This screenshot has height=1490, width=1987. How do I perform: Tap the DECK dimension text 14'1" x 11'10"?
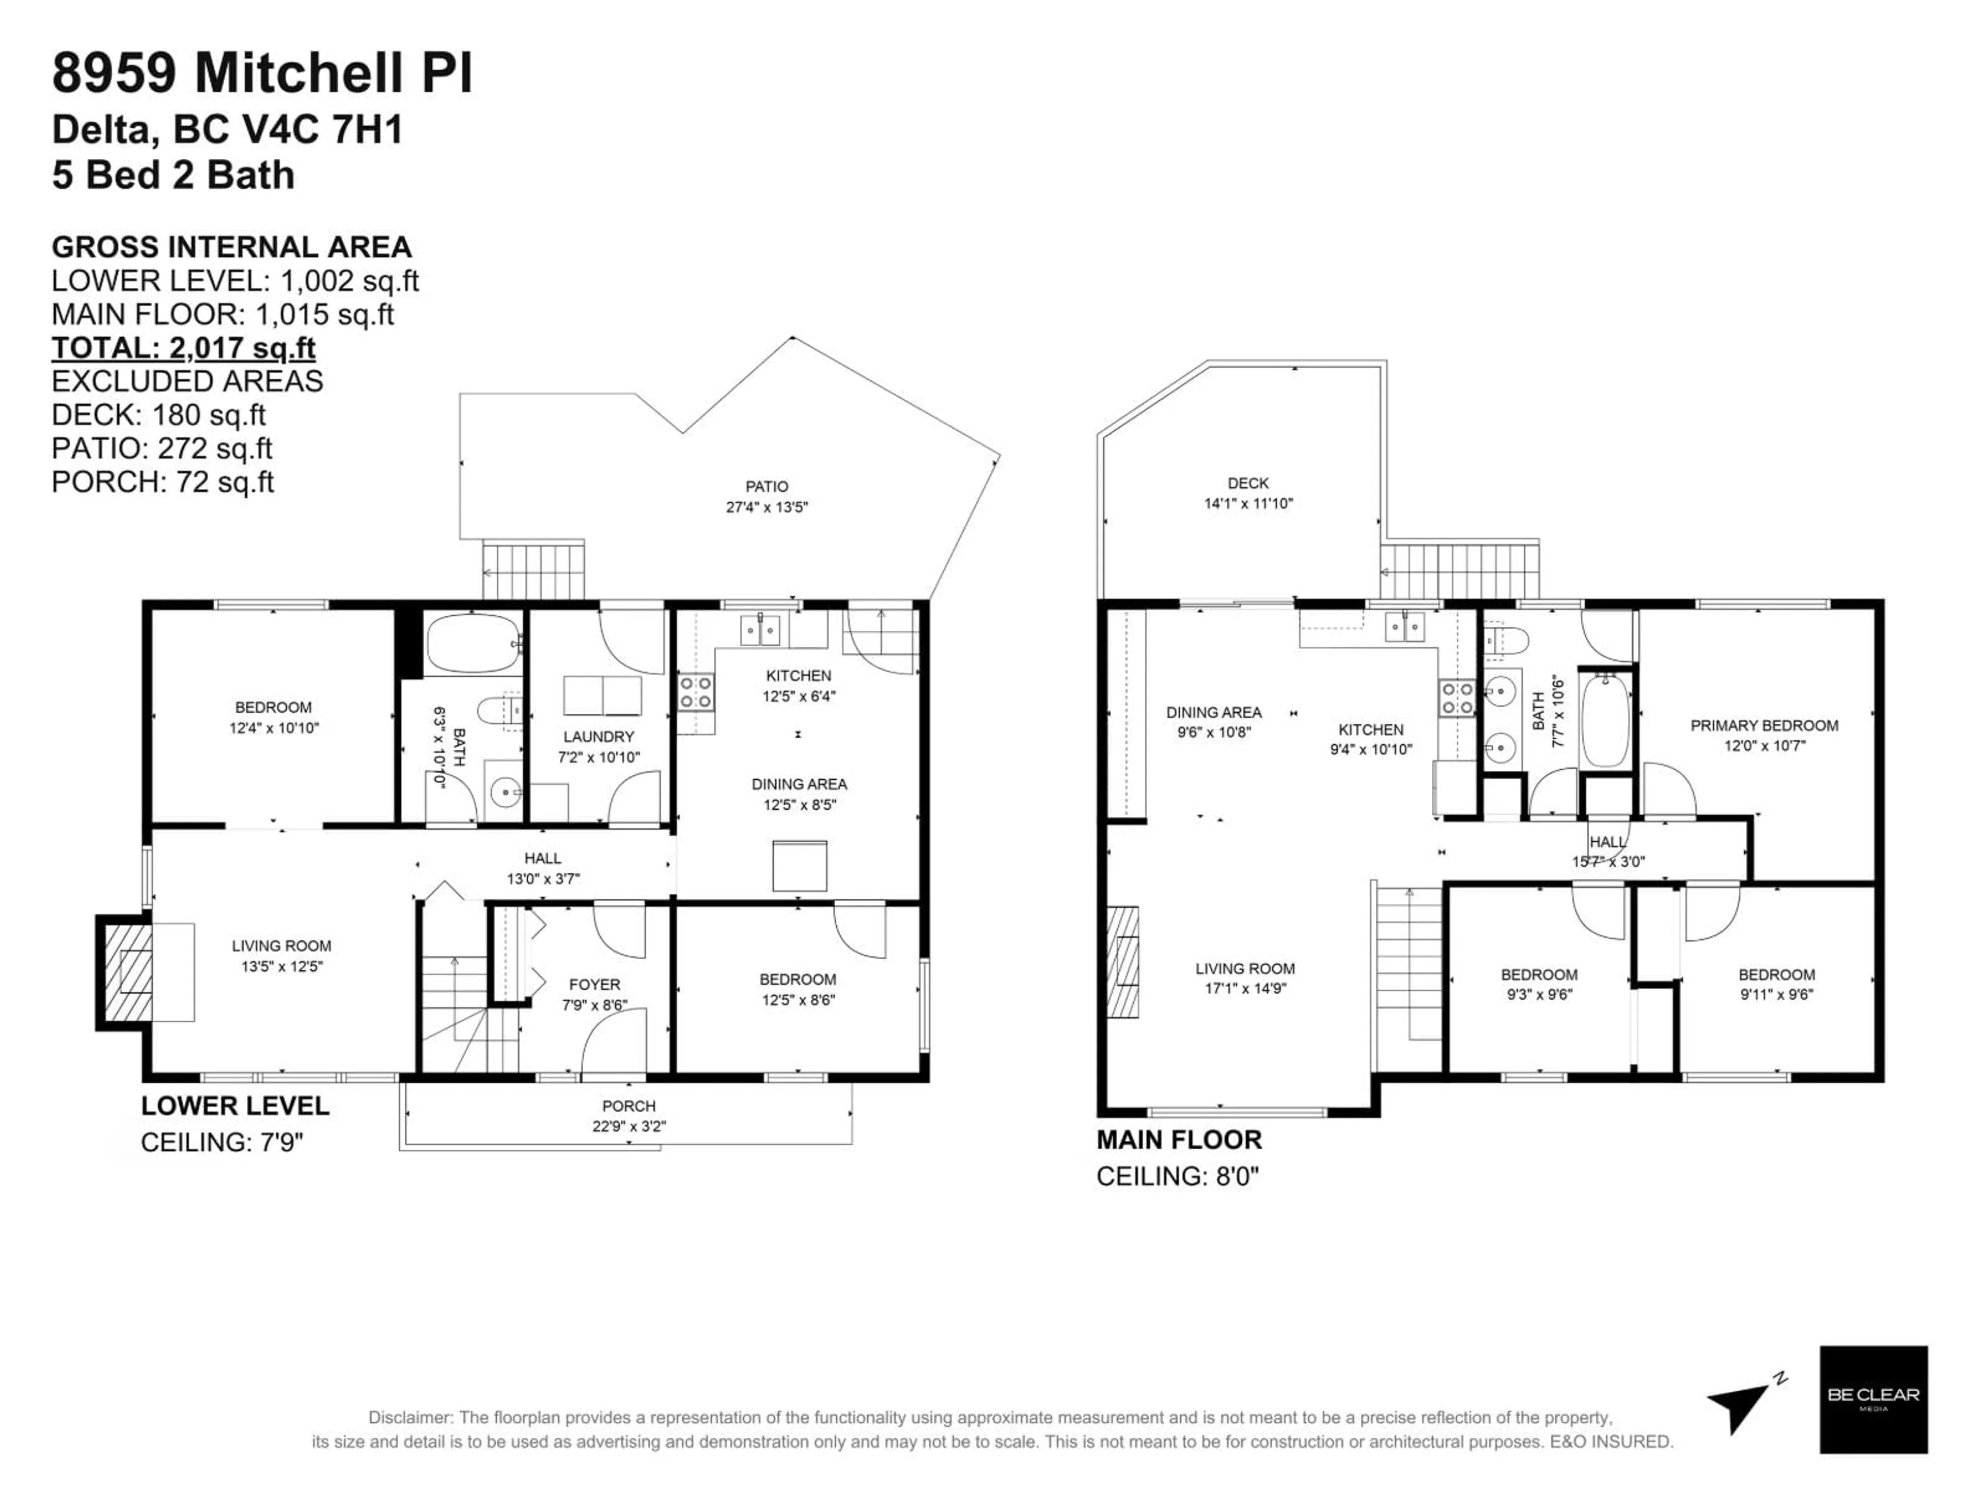(1248, 504)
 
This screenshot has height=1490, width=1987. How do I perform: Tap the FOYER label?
(594, 985)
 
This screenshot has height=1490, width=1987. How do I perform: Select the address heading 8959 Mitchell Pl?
(261, 73)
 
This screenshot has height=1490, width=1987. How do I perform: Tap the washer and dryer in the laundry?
(602, 696)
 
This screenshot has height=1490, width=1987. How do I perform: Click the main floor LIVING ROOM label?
(1244, 968)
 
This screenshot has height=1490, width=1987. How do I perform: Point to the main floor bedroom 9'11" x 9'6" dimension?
(1776, 994)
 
